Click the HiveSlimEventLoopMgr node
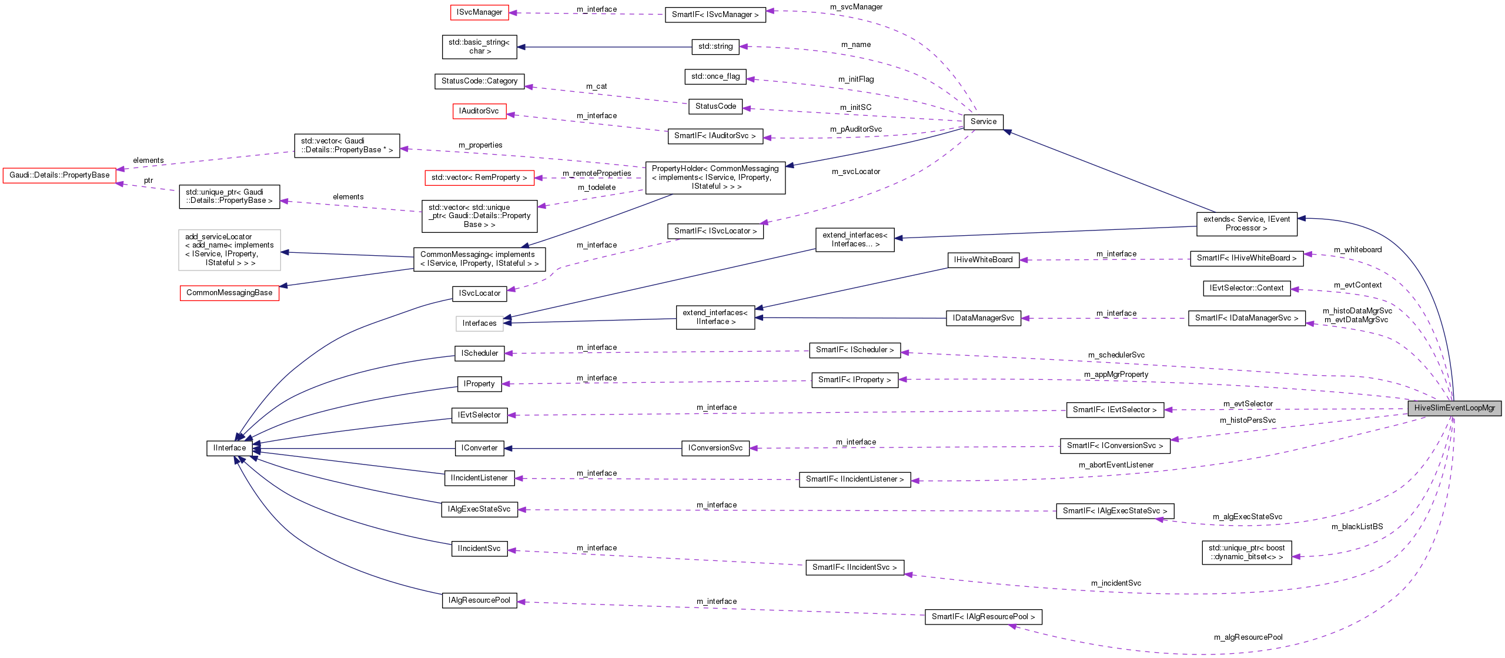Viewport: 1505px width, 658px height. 1454,408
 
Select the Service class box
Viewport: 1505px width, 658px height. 983,122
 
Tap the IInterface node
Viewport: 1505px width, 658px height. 229,448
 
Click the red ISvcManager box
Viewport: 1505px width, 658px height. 479,12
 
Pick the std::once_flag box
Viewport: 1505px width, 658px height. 715,76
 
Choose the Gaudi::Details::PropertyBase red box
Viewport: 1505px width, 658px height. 59,175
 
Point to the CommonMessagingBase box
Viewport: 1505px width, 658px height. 229,293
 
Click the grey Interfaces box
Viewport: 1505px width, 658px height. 479,323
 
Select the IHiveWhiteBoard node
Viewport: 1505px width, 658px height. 983,260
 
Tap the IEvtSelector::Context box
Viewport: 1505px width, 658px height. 1246,288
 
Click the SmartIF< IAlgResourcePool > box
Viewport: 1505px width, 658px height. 983,617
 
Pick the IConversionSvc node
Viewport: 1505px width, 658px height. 715,448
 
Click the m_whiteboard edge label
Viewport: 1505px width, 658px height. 1357,250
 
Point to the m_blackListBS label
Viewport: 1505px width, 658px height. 1357,527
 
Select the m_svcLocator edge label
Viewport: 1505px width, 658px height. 856,172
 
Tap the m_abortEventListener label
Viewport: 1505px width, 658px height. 1116,465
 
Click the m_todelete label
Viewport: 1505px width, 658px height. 597,188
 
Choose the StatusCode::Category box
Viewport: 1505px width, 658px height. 479,81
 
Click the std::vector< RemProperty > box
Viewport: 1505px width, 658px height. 479,178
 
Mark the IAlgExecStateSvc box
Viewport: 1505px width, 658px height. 479,509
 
